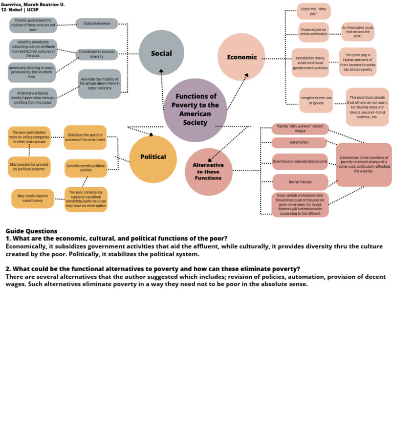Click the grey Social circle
click(161, 53)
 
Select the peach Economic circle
click(241, 57)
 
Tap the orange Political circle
click(153, 157)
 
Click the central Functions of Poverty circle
click(195, 109)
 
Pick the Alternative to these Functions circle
click(208, 172)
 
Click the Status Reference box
click(97, 24)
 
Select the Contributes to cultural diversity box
click(97, 55)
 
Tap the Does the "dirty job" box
click(313, 11)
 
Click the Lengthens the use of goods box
click(316, 100)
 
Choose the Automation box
click(299, 143)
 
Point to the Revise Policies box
click(300, 182)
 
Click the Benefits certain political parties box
click(86, 168)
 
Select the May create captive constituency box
click(33, 199)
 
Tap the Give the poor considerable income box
click(300, 162)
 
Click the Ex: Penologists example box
click(358, 32)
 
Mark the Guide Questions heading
click(31, 231)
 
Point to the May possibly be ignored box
click(29, 167)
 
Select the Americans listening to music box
click(32, 73)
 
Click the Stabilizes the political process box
click(85, 137)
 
